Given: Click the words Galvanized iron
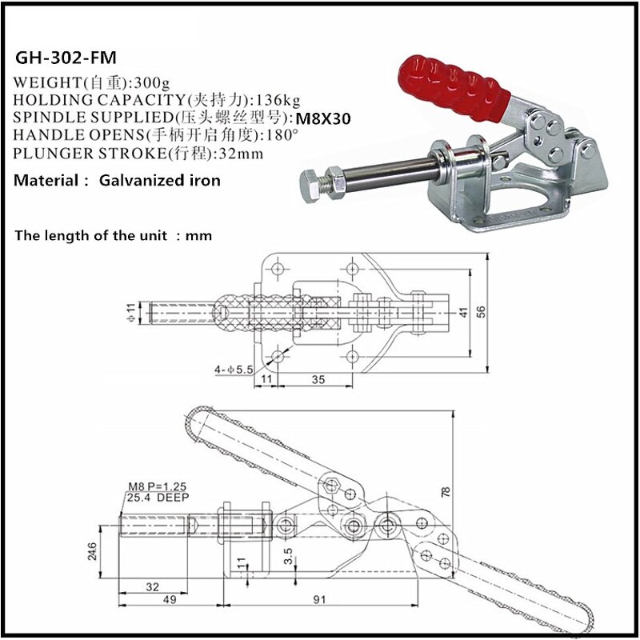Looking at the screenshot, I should (160, 181).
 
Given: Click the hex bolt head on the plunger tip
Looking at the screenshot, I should (310, 182).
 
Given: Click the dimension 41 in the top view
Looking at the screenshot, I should (463, 313).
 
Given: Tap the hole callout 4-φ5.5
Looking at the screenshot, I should (233, 370).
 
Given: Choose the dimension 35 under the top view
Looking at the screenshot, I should (318, 379).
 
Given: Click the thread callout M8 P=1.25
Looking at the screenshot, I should (157, 486).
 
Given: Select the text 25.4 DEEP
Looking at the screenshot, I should (156, 497).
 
